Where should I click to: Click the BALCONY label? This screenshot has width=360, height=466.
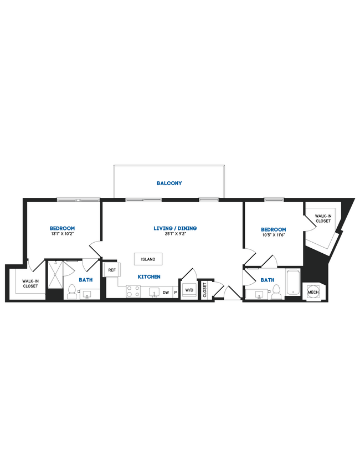(169, 183)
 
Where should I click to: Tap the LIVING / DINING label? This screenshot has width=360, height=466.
(175, 228)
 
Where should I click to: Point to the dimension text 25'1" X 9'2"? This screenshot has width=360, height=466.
(175, 234)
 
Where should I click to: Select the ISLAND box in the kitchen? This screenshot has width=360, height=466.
(148, 259)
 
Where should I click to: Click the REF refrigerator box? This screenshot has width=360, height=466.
(111, 270)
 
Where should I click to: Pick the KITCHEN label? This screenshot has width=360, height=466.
(149, 276)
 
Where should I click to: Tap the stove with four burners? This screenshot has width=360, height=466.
(133, 291)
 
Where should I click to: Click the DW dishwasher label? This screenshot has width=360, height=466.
(166, 292)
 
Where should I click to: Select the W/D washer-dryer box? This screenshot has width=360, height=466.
(189, 290)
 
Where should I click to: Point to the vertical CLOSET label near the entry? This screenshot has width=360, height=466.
(204, 290)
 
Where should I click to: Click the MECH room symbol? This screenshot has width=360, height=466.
(313, 292)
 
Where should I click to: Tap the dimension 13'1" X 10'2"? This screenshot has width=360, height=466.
(62, 234)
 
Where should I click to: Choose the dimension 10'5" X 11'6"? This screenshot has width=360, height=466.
(274, 235)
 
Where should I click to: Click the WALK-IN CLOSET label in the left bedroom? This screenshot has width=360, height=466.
(30, 284)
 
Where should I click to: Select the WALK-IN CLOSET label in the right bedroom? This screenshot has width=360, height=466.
(323, 218)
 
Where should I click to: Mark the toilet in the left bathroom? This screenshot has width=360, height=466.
(71, 291)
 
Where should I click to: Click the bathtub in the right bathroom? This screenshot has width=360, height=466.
(293, 283)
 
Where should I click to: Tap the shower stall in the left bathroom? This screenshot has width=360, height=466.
(55, 274)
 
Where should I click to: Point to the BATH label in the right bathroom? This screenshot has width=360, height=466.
(268, 280)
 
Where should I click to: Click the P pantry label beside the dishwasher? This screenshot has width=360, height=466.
(176, 292)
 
